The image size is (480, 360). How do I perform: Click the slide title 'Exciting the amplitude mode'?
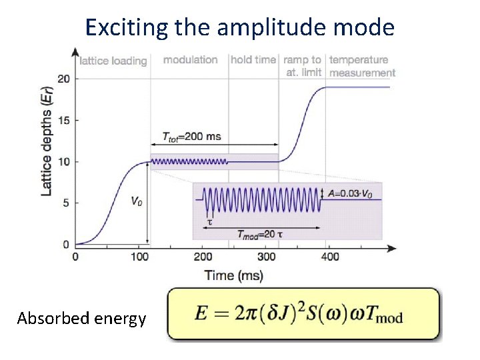(240, 27)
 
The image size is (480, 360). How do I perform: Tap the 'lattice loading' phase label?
(113, 61)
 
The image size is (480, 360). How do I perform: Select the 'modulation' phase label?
(190, 60)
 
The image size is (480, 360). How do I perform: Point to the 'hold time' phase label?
(253, 60)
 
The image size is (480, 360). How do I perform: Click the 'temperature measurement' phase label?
(362, 66)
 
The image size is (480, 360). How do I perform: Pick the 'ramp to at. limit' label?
(302, 66)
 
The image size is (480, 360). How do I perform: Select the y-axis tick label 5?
(66, 203)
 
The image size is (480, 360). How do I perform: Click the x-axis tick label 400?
(329, 257)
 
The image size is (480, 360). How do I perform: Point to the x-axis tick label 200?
(203, 257)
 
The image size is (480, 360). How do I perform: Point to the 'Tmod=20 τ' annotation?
(261, 233)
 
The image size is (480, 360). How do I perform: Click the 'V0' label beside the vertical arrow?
(135, 201)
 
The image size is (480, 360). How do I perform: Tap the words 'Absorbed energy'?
(82, 319)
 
